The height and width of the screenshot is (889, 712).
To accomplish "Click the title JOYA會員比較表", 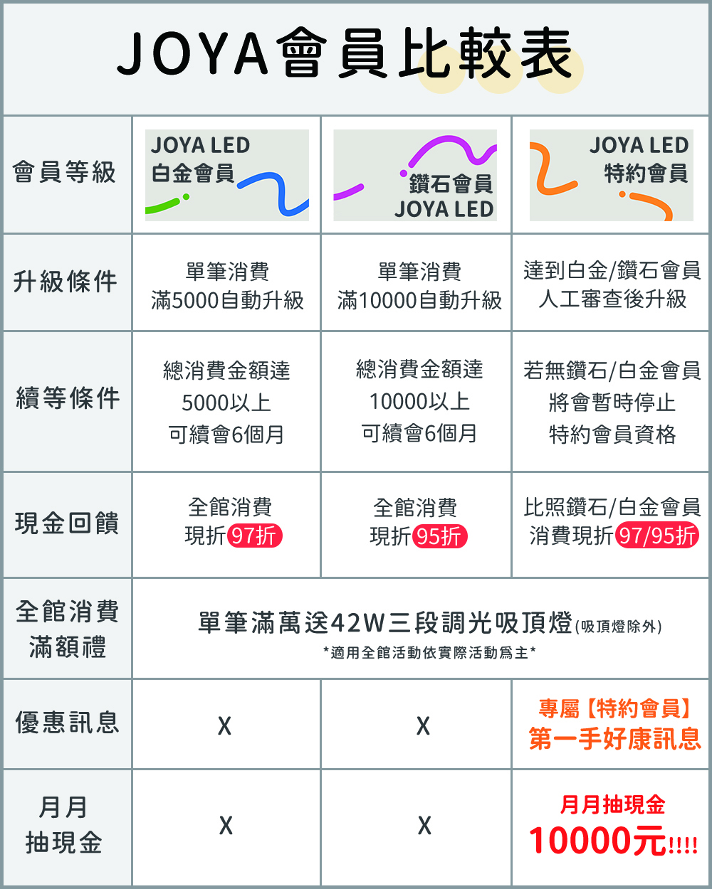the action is (x=345, y=54).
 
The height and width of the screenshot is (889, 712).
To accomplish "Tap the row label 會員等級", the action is (x=64, y=173).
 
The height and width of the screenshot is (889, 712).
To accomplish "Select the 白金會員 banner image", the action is (x=226, y=175).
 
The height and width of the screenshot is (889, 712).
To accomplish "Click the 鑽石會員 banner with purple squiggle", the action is (x=415, y=175).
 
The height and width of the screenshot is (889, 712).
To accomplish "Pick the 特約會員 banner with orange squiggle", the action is (x=611, y=175).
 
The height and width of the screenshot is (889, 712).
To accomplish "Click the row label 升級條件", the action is (x=65, y=282).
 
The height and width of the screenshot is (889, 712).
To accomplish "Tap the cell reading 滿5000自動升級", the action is (x=227, y=300).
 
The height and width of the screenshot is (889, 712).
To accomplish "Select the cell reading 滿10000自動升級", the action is (x=419, y=300).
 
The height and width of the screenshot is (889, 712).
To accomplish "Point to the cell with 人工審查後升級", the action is (x=612, y=299).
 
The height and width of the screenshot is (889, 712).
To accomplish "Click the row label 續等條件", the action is (x=68, y=398).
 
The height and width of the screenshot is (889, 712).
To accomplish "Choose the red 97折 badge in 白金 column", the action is (x=254, y=536).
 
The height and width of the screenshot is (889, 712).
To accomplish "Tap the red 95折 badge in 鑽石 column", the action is (x=440, y=536).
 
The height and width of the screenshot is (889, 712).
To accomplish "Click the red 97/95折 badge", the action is (x=656, y=536).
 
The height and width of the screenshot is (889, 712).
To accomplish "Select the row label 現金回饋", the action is (x=67, y=523).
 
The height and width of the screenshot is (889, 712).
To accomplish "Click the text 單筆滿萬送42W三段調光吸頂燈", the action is (x=385, y=623).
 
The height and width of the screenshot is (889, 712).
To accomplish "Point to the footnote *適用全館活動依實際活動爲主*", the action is (x=429, y=652).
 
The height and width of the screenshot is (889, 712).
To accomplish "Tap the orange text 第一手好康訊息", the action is (x=614, y=739).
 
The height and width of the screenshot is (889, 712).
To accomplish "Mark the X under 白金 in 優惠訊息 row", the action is (x=224, y=726).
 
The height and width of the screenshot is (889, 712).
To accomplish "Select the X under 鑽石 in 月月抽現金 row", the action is (x=424, y=826).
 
